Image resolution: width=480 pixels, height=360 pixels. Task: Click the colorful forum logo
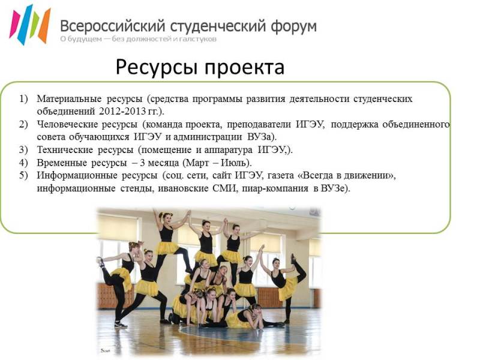point(29,25)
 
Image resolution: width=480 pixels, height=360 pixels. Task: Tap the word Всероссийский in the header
point(113,26)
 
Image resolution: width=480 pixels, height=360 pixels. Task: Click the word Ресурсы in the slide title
point(156,67)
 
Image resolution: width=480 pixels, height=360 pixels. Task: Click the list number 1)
point(24,99)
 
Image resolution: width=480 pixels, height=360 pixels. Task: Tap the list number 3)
point(23,149)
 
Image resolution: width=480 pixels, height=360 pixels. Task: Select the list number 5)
point(23,175)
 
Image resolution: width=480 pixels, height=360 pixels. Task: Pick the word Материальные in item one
point(69,99)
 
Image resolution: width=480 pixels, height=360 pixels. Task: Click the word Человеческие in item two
point(67,125)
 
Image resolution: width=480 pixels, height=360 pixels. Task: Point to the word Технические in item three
point(65,150)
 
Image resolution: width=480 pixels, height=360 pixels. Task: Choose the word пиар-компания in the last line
point(275,188)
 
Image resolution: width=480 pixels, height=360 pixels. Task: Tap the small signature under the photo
point(105,350)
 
